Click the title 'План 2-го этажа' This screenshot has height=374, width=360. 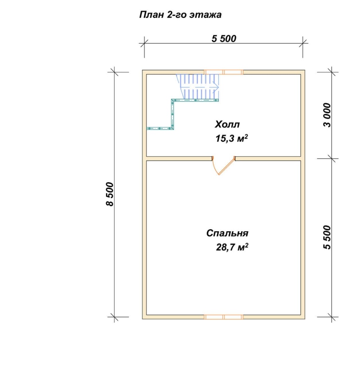180,15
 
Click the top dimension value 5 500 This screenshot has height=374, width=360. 224,38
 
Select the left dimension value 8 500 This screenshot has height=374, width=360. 110,194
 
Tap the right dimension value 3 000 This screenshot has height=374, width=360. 327,115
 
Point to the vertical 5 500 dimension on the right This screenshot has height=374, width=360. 327,237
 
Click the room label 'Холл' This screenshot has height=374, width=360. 227,124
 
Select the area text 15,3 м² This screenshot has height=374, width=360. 232,138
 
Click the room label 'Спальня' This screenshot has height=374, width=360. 227,233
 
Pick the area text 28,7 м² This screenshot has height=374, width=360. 232,247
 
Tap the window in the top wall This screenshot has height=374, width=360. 224,72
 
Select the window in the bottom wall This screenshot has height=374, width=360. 224,317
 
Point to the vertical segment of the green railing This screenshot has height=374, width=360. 172,114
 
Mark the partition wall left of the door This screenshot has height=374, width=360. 179,158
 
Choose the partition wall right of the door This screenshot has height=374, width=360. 268,158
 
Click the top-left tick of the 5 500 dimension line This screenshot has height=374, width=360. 144,44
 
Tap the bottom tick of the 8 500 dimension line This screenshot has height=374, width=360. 114,317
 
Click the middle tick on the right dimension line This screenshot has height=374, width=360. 332,158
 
